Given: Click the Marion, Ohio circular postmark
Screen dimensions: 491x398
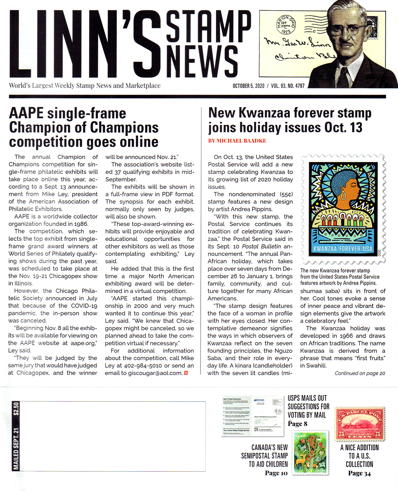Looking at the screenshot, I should pos(286,25).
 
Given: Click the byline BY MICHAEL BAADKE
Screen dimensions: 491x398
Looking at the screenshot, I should pos(237,141).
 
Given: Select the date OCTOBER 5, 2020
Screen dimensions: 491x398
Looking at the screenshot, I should pos(248,86).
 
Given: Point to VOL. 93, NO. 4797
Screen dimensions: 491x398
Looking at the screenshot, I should pos(288,86).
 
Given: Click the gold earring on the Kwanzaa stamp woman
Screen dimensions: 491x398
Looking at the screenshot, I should pos(344,196).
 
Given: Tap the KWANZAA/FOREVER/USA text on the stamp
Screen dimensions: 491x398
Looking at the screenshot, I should pos(342,249).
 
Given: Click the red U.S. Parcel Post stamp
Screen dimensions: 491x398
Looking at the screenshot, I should pos(360,424).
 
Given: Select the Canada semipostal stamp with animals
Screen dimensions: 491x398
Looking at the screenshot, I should pos(311,453).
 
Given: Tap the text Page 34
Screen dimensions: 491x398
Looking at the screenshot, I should pos(359,473).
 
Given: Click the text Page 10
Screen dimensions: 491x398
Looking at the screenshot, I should pos(276,473).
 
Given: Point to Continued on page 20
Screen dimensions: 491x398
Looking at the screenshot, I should pos(360,373).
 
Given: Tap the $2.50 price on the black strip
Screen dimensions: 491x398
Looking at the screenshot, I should pos(16,409).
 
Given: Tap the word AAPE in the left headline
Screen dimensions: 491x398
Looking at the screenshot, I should pos(26,113).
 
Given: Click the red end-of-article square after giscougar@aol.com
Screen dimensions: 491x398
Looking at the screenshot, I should pos(186,373).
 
